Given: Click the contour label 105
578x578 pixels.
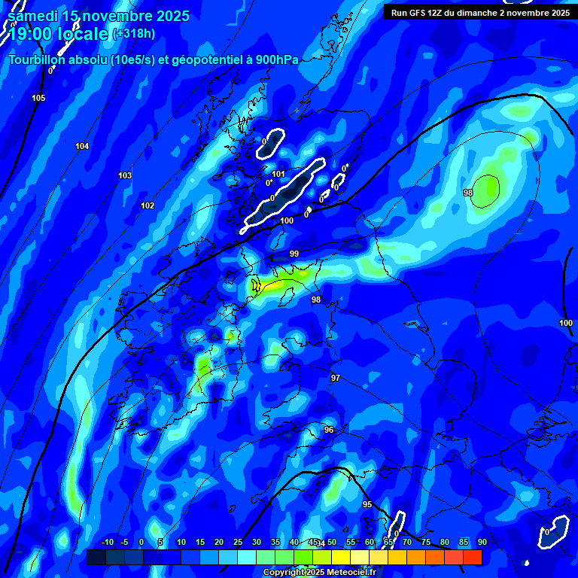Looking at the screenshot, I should (x=38, y=99).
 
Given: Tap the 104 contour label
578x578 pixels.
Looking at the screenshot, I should (x=82, y=146).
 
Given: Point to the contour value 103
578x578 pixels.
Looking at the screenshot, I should (x=125, y=175).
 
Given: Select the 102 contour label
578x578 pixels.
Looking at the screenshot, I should (x=148, y=205).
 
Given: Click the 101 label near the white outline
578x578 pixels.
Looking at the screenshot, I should (x=278, y=174).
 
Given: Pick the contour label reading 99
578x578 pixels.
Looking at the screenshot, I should (x=294, y=254).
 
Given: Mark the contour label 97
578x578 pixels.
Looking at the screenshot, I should (x=336, y=378).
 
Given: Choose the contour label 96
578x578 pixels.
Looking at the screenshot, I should (x=329, y=430).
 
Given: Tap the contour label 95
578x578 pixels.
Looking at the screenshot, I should (x=367, y=504).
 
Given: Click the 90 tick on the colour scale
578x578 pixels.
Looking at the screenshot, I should (x=482, y=542).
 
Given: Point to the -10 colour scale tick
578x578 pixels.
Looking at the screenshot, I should (x=107, y=542).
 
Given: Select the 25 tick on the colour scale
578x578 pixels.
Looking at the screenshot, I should (x=238, y=542).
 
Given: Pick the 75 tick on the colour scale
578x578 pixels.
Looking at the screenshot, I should (x=425, y=542).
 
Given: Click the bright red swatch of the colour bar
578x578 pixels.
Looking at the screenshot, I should (x=472, y=557).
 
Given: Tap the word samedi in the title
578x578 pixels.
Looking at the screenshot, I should (x=34, y=16).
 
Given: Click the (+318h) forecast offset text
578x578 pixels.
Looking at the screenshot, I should (x=134, y=34).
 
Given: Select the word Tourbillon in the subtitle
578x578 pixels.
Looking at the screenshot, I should (x=36, y=60).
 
